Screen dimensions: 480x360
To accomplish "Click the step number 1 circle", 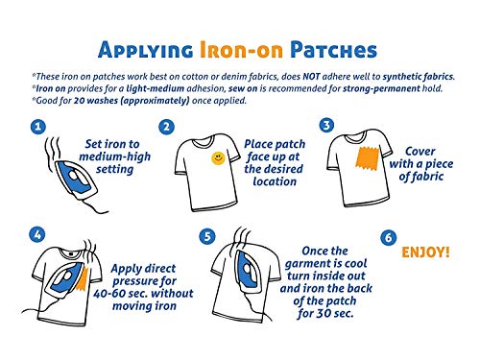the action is [x=38, y=127].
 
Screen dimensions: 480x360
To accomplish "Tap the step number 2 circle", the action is [x=167, y=127].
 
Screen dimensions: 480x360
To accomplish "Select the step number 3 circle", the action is [x=326, y=125].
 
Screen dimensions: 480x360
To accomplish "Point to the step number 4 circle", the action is [x=37, y=235].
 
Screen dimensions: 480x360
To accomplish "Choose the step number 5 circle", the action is [x=207, y=237].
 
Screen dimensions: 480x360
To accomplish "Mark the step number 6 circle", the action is [x=389, y=238].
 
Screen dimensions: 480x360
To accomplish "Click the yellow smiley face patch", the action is [x=218, y=158].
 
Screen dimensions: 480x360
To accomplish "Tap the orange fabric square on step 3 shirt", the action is [x=367, y=158].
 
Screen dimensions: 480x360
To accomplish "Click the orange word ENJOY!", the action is [x=425, y=252].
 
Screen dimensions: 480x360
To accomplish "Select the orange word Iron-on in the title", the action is [x=242, y=50].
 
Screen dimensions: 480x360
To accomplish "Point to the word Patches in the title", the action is [x=334, y=50].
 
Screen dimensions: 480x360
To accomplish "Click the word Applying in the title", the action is [x=146, y=51].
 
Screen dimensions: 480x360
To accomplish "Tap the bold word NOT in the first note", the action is [x=311, y=77].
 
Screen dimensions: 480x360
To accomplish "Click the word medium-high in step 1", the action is [x=114, y=156].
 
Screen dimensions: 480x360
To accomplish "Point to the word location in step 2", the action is [x=275, y=181].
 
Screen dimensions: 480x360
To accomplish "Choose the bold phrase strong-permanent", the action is [x=381, y=88].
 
